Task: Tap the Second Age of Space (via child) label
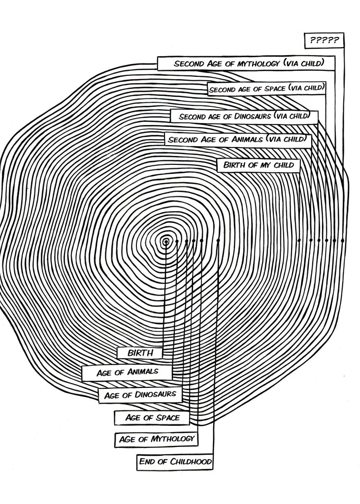point(266,89)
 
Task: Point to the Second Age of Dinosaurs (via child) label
point(244,117)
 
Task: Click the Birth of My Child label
point(258,165)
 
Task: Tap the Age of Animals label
point(128,372)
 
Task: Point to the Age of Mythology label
point(156,439)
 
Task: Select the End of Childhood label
point(175,462)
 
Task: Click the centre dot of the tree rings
point(166,241)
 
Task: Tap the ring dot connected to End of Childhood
point(218,241)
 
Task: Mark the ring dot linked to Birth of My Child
point(299,240)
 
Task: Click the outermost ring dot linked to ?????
point(342,240)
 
